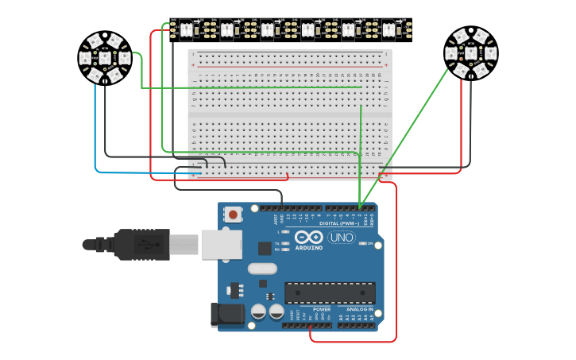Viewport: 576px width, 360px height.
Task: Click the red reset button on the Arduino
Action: coord(233,215)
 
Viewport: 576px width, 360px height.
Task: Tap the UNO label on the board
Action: coord(342,237)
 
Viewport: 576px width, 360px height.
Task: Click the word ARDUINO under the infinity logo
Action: coord(308,247)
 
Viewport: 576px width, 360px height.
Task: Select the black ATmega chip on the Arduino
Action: coord(330,292)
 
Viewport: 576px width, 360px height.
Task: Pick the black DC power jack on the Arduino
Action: coord(226,315)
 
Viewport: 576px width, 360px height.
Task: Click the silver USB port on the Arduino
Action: coord(221,244)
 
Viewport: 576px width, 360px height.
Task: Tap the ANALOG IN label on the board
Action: coord(360,309)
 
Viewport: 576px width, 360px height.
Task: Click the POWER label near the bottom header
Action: coord(322,309)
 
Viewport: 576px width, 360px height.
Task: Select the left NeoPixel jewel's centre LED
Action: coord(105,57)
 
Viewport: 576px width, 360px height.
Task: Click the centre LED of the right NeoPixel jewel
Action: coord(470,53)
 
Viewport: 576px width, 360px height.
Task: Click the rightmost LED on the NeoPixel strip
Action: coord(389,30)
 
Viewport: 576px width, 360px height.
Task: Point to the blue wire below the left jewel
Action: coord(95,127)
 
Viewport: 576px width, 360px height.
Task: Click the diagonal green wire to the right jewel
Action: coord(405,135)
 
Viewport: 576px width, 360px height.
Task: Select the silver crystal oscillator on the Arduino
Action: coord(262,269)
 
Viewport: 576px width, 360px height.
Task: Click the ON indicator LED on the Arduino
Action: coord(361,243)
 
